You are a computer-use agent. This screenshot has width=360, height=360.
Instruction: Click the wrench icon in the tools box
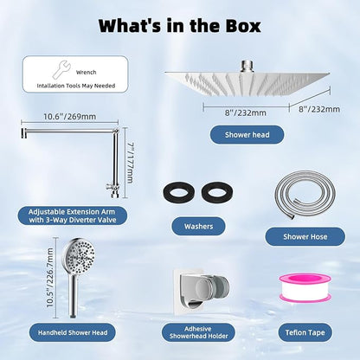pos(61,69)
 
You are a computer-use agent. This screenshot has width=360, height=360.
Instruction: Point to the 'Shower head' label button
pos(247,135)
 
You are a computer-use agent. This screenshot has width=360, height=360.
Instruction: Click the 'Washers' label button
pos(198,226)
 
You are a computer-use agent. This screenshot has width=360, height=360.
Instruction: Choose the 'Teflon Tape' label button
pos(305,332)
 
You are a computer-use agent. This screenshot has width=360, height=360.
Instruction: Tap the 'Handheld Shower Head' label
pos(73,332)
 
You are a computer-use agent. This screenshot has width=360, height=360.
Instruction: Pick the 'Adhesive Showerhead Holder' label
pos(198,332)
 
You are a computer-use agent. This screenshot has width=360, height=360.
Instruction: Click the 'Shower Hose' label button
pos(305,237)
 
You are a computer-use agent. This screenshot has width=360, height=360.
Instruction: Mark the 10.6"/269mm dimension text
pos(70,117)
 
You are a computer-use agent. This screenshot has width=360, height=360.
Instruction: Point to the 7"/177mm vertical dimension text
pos(130,163)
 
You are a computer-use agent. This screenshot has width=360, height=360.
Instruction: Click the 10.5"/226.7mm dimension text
pos(50,278)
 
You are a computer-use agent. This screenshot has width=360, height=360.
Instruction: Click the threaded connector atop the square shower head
pos(247,66)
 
